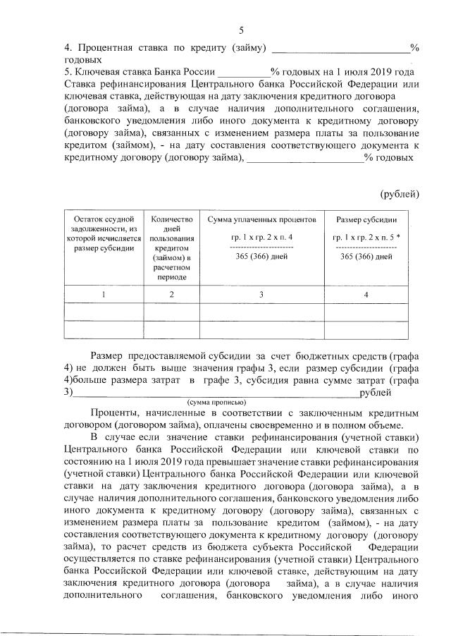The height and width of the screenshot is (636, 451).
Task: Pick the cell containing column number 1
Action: click(x=103, y=294)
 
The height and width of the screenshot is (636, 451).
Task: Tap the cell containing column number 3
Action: click(x=261, y=294)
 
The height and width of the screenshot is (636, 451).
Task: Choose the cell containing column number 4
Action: click(x=366, y=294)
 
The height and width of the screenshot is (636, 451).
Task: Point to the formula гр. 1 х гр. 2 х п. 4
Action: click(x=261, y=238)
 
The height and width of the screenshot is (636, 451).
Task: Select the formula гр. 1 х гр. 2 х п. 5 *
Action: click(x=366, y=238)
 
